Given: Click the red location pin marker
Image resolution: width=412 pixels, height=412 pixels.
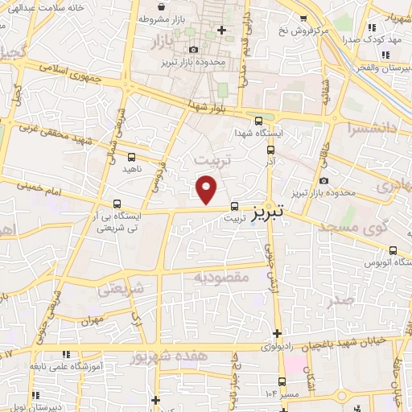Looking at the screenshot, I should tap(207, 189).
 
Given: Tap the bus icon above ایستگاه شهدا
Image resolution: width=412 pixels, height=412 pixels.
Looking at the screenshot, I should tap(257, 120).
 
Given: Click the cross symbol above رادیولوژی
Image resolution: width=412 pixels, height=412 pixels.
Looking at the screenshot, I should tap(277, 333).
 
